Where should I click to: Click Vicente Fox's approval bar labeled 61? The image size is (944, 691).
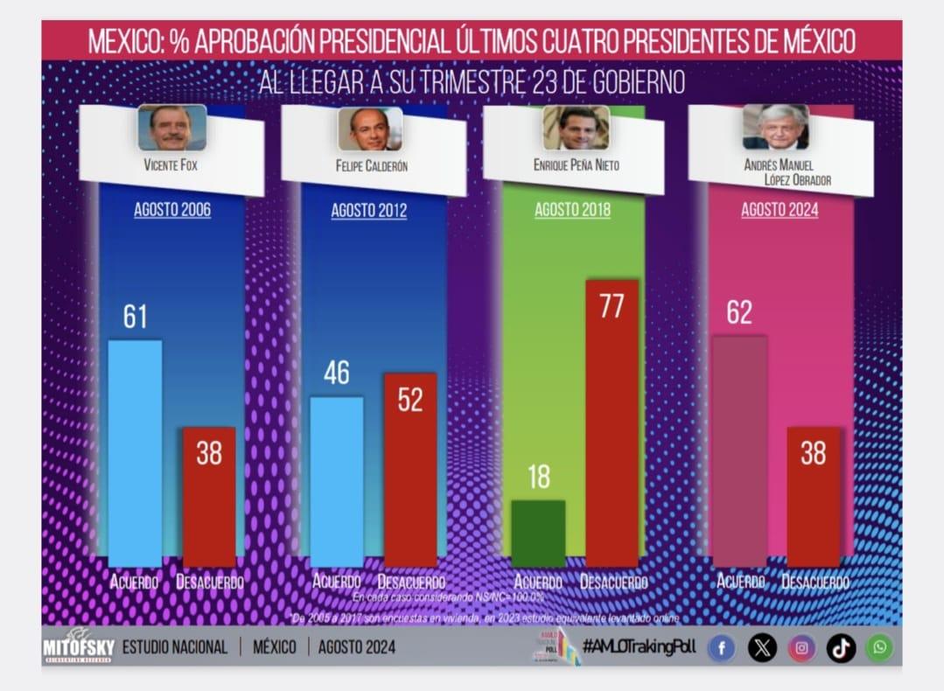coord(135,452)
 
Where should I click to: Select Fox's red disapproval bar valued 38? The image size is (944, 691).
coord(208,496)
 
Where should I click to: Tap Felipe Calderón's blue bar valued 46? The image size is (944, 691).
coord(337,481)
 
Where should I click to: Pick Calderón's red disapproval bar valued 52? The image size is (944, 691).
coord(409,470)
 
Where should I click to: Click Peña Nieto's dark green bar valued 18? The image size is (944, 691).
coord(538,533)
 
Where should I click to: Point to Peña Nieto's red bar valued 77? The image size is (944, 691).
coord(612,423)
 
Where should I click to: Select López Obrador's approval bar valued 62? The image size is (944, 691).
coord(739,450)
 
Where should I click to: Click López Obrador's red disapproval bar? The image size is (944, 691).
coord(813,496)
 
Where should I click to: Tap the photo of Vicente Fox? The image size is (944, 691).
coord(171,128)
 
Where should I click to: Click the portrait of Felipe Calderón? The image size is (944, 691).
coord(370,129)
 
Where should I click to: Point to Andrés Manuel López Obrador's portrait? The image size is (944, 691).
coord(775,127)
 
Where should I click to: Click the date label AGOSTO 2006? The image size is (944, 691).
coord(172,210)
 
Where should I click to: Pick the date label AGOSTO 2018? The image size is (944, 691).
coord(572,210)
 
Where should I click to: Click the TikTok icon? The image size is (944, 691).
coord(841,648)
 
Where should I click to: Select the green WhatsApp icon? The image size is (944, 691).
coord(879,648)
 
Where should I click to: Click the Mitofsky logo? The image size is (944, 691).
coord(78,647)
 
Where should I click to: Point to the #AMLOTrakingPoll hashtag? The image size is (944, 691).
coord(639,647)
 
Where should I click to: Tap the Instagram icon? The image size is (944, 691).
coord(801,648)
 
